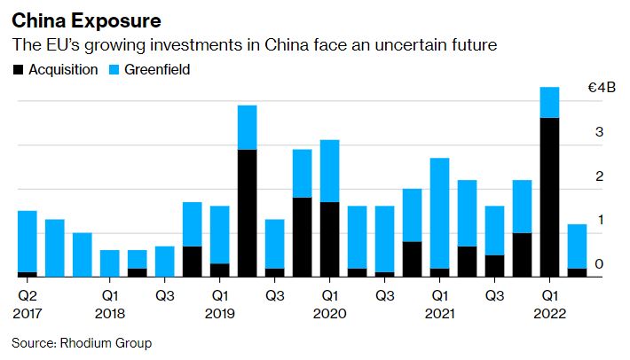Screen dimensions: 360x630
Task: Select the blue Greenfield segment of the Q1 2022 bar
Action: point(549,102)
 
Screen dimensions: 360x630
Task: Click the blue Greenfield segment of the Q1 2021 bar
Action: point(439,213)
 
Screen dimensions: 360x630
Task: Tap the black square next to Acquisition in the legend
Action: point(18,70)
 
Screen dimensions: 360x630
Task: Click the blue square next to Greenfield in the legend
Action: point(114,70)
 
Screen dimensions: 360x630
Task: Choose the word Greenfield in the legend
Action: point(157,70)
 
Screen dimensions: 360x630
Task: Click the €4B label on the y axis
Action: point(602,89)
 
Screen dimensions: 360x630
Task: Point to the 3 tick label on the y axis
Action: point(600,132)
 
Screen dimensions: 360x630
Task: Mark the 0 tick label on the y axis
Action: point(600,263)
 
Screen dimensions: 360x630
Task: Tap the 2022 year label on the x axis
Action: point(549,313)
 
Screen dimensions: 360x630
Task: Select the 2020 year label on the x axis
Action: point(330,313)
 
